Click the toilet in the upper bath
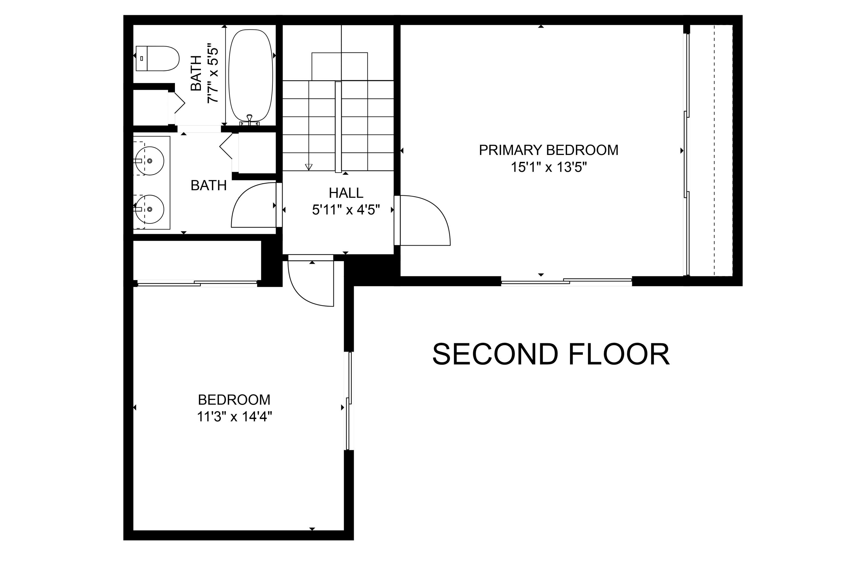[157, 58]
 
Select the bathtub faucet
[249, 119]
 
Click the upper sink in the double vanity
[150, 161]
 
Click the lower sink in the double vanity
[150, 209]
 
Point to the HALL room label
[346, 193]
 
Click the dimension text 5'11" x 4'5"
[346, 210]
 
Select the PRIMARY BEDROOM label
[548, 150]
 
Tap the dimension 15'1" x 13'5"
[548, 167]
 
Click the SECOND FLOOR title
[551, 354]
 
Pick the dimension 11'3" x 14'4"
[234, 417]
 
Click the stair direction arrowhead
[309, 167]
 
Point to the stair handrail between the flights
[338, 126]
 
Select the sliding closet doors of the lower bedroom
[197, 284]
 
